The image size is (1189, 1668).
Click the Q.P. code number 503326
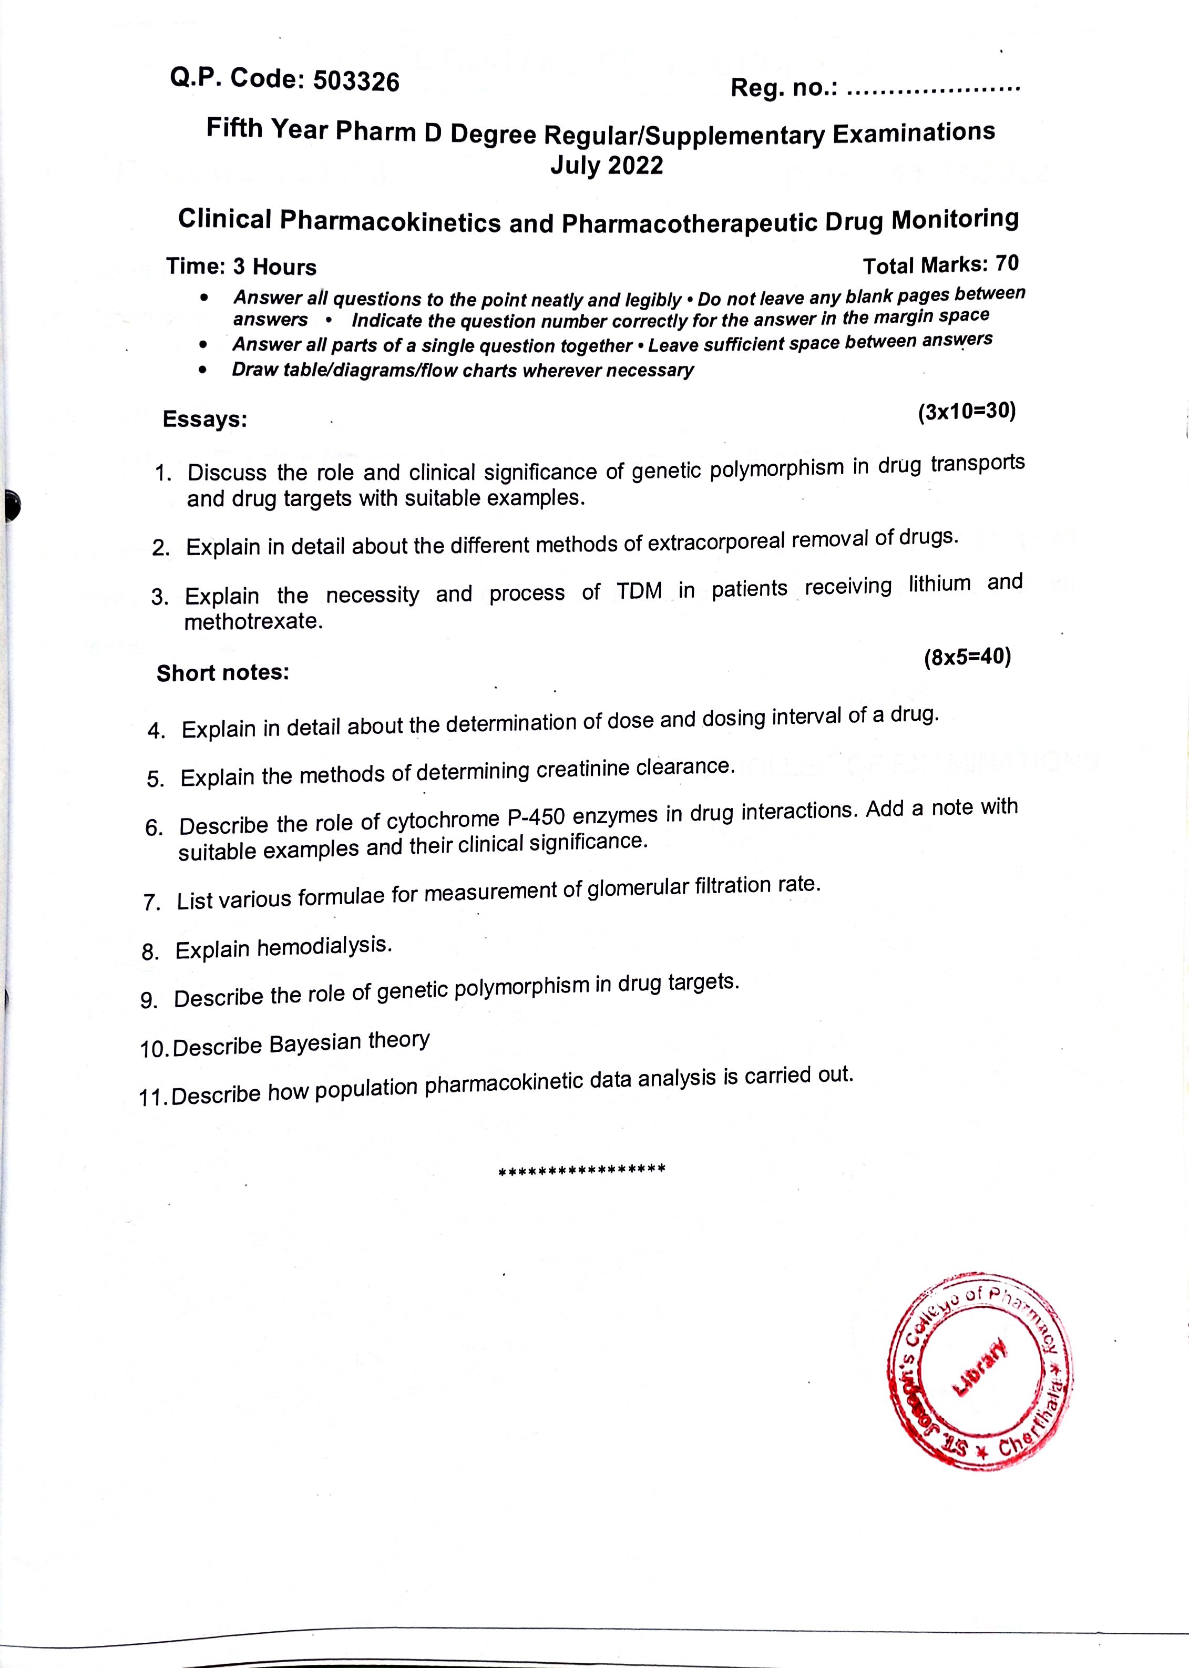pos(356,82)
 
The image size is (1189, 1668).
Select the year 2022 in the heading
pos(635,166)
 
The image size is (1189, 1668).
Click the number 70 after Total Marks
pos(1008,263)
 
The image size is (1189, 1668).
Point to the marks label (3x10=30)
pos(967,412)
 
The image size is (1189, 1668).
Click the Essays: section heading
pos(205,419)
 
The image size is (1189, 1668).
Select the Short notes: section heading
pos(222,673)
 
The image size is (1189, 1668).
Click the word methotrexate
pos(253,622)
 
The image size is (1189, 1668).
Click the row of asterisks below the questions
pos(581,1169)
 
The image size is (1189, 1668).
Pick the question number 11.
pos(153,1098)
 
